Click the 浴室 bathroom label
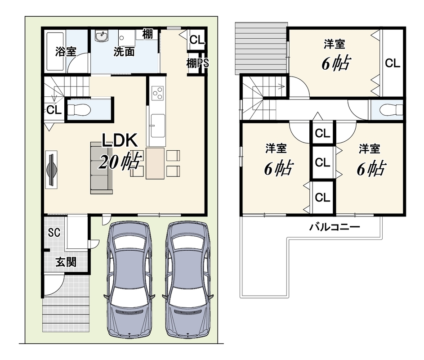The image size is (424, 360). tap(66, 51)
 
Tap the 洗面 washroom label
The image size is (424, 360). tap(124, 51)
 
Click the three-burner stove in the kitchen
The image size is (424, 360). tap(157, 93)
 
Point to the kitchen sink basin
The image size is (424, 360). tap(157, 126)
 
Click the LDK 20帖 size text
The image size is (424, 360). tap(120, 162)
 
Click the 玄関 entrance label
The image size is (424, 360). tap(66, 262)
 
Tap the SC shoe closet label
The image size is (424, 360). tap(54, 233)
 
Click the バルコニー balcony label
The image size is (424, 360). tap(335, 226)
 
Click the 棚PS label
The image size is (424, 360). tap(198, 63)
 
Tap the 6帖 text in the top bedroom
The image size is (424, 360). tap(336, 63)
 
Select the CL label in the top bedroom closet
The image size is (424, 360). tap(393, 63)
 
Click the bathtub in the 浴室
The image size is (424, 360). tap(55, 51)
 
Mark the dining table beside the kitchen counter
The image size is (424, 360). tap(155, 163)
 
